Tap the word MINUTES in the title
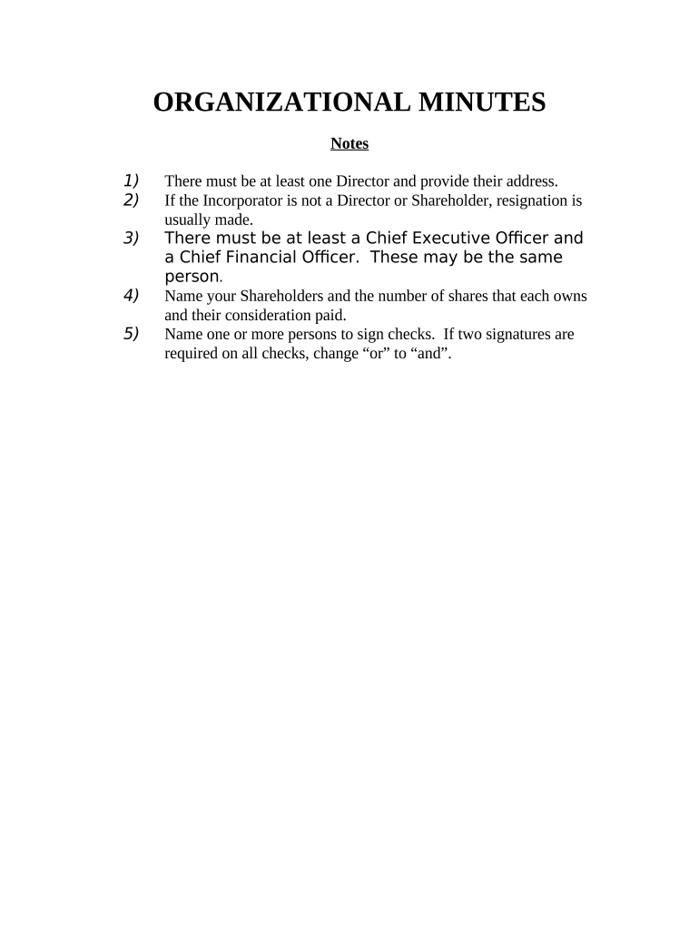481,103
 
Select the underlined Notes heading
349,143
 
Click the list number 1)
132,180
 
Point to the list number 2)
132,200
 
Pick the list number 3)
132,238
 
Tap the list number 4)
132,296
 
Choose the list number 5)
132,334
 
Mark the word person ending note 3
192,277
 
